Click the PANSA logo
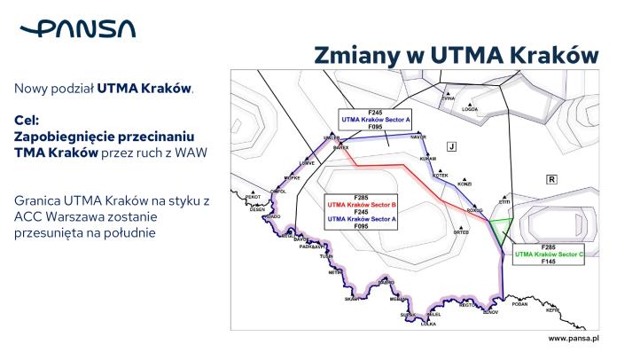(x=77, y=29)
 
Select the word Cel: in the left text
(x=27, y=121)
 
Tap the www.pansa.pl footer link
(x=574, y=339)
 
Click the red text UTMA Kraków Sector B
(x=360, y=204)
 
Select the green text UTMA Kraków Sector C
(x=550, y=254)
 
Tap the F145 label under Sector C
(x=550, y=262)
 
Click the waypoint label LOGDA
(x=470, y=109)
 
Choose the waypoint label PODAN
(x=520, y=303)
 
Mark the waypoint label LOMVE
(x=308, y=163)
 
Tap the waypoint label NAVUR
(x=419, y=137)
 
